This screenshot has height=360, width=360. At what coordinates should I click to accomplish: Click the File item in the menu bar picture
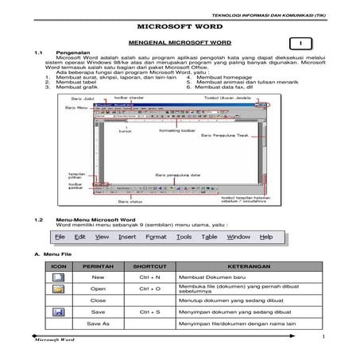click(x=60, y=237)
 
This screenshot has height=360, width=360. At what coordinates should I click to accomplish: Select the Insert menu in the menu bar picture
click(x=127, y=237)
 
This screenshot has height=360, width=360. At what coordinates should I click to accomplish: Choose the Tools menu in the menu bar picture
click(x=184, y=237)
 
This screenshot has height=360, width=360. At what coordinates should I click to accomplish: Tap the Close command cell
click(x=99, y=301)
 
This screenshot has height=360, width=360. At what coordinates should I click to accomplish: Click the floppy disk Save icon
click(x=57, y=313)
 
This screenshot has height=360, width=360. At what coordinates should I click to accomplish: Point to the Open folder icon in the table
click(x=57, y=288)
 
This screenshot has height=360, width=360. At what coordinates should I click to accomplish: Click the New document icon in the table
click(x=57, y=277)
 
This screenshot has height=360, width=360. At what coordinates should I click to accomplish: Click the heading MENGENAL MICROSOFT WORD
click(x=179, y=41)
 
